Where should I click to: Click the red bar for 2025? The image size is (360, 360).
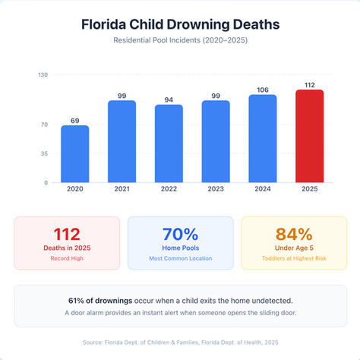pos(309,136)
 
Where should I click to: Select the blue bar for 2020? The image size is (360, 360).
pos(75,153)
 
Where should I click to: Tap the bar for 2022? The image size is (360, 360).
pos(169,144)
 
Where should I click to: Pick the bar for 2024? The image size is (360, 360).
pos(262,138)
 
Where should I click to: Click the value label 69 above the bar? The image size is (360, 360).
pos(75,120)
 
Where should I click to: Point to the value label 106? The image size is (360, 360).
pos(262,90)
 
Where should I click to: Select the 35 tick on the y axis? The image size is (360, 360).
pos(44,153)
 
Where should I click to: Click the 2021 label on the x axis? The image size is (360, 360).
pos(122,188)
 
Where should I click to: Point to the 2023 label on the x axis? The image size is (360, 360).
pos(215,188)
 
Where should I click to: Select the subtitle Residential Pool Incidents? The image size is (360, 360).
pos(180,39)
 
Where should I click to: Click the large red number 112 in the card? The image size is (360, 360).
pos(67,234)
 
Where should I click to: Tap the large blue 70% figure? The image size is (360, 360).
pos(180,234)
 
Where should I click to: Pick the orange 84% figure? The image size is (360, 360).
pos(293,234)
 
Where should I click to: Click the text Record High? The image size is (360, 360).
pos(67,259)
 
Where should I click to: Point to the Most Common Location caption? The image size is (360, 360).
pos(180,259)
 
